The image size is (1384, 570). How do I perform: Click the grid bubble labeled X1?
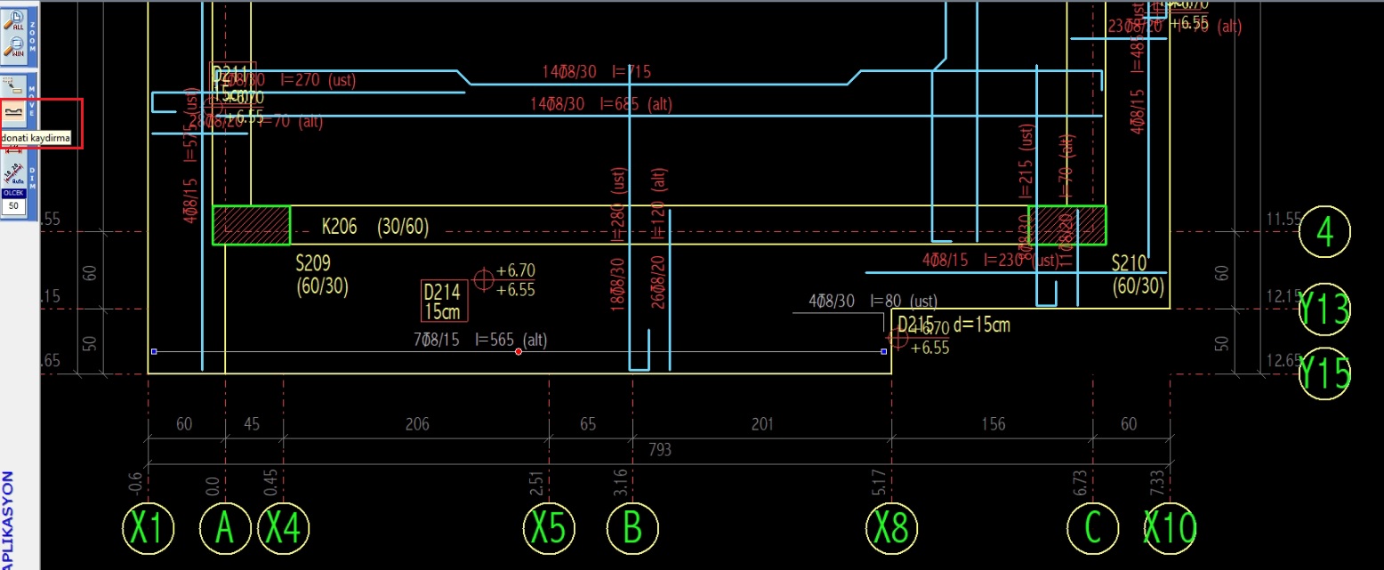tap(148, 528)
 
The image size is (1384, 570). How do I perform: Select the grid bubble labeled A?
tap(225, 528)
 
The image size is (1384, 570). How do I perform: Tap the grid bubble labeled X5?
tap(548, 528)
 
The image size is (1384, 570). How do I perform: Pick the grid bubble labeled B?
tap(632, 528)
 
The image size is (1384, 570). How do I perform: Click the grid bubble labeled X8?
tap(891, 528)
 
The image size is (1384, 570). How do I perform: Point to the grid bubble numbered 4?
tap(1324, 232)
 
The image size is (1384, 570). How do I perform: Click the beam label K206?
tap(339, 228)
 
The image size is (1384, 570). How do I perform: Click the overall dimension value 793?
tap(659, 450)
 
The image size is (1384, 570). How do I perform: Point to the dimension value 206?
tap(416, 424)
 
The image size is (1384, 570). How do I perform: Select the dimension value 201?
tap(762, 424)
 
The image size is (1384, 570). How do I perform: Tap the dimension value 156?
tap(993, 424)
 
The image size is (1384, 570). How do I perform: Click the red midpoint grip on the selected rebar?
tap(519, 352)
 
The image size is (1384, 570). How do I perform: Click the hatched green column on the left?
tap(251, 225)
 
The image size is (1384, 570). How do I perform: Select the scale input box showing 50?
tap(13, 205)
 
